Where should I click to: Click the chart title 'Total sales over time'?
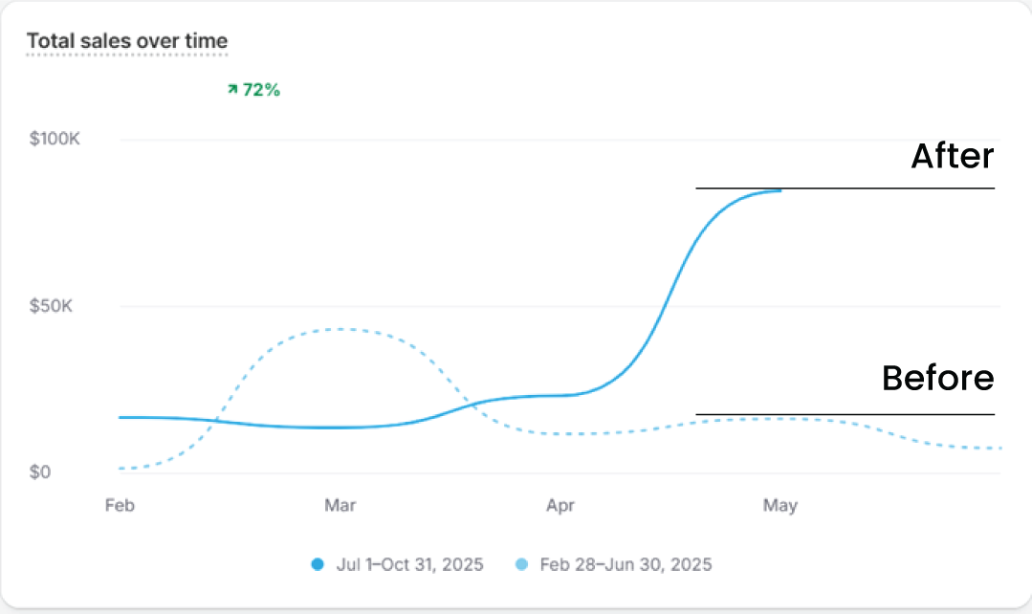click(x=127, y=41)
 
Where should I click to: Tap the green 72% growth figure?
click(x=261, y=90)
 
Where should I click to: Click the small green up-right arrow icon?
click(x=232, y=89)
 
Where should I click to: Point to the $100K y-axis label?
click(x=55, y=140)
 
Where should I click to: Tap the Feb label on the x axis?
click(x=119, y=506)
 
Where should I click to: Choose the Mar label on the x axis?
click(x=340, y=506)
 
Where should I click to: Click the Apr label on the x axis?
click(x=560, y=506)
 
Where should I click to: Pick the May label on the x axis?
click(x=779, y=506)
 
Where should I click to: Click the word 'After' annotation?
click(x=952, y=156)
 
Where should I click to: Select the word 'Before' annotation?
click(x=937, y=379)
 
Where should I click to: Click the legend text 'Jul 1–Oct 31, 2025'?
click(x=409, y=564)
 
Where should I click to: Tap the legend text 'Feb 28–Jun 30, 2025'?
click(x=626, y=564)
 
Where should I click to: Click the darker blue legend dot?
click(x=318, y=564)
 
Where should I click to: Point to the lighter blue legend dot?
click(x=521, y=564)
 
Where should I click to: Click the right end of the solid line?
click(x=780, y=190)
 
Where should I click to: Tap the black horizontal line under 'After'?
click(x=845, y=188)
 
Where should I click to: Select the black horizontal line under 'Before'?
click(x=845, y=414)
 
